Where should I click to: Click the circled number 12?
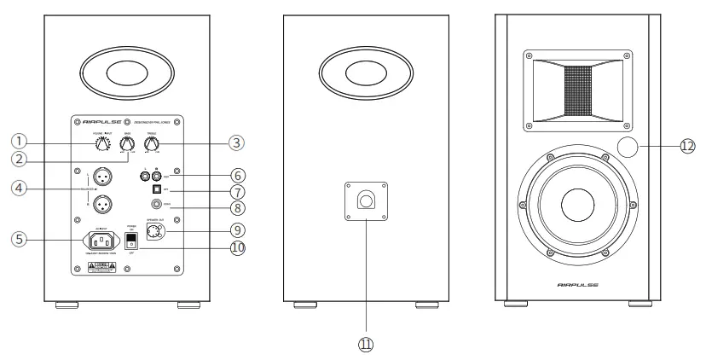[687, 146]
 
